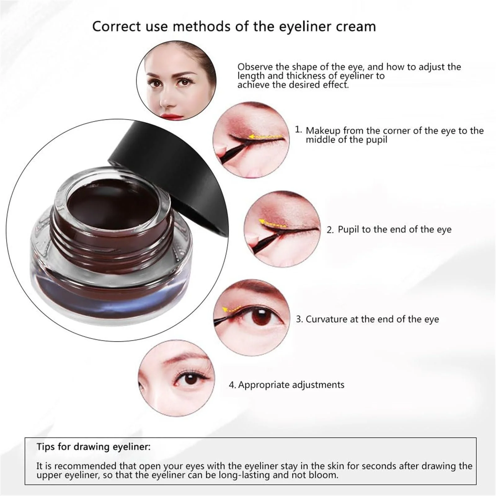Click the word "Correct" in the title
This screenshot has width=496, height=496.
[117, 26]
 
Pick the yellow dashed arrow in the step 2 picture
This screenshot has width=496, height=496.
[272, 223]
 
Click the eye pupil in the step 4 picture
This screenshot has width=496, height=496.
[192, 379]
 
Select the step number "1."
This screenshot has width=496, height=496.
[298, 130]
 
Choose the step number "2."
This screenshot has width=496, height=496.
[330, 230]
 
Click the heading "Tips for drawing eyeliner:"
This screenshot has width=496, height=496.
[94, 447]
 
